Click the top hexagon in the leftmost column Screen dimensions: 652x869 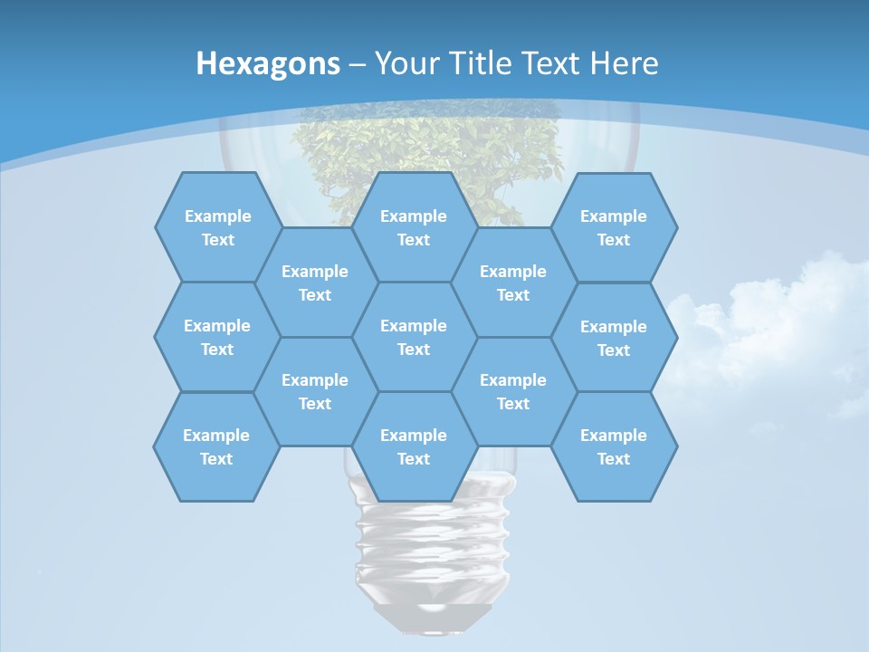pos(217,227)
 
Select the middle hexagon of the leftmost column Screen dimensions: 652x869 pos(217,337)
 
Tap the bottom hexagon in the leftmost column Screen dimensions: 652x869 pos(216,446)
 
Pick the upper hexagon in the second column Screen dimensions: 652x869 pos(315,283)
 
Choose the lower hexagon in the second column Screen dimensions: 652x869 pos(315,391)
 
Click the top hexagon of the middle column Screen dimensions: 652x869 pos(414,227)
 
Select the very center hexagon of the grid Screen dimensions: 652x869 pos(414,337)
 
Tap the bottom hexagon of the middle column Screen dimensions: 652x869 pos(414,446)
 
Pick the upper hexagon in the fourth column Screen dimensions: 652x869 pos(513,283)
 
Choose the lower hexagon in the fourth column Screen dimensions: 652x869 pos(513,391)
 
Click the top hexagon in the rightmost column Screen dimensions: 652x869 pos(614,227)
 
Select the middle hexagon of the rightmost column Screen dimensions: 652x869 pos(614,338)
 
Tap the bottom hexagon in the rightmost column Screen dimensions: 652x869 pos(614,446)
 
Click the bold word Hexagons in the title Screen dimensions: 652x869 pos(268,63)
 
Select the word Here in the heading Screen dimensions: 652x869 pos(624,63)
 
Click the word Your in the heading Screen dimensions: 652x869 pos(406,63)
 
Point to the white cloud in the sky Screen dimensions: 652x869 pos(769,326)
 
